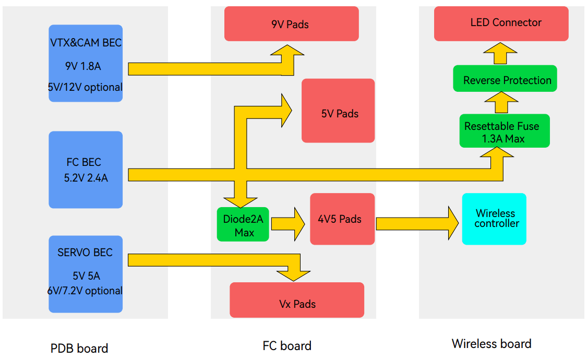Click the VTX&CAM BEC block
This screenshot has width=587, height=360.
(x=86, y=63)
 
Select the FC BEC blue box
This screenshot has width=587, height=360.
(x=86, y=170)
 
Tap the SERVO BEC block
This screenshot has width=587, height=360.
(x=86, y=274)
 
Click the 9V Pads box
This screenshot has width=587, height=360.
(x=291, y=23)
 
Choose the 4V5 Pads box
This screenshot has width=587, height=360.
(x=342, y=219)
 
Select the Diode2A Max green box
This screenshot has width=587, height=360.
(x=243, y=224)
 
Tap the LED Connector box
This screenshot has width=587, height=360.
(x=501, y=23)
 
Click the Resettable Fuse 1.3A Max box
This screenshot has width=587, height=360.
(x=504, y=131)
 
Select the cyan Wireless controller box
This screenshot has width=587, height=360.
(x=494, y=219)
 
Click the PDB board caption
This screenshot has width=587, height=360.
(x=79, y=348)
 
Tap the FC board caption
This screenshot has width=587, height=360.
(x=287, y=345)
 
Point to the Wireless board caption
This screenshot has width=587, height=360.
(x=492, y=344)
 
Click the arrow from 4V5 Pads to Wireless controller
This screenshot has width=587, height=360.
(x=417, y=223)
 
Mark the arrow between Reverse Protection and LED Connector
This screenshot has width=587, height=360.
(x=499, y=53)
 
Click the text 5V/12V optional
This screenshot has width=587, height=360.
(x=86, y=87)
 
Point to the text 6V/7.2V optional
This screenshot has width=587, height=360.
(x=85, y=291)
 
